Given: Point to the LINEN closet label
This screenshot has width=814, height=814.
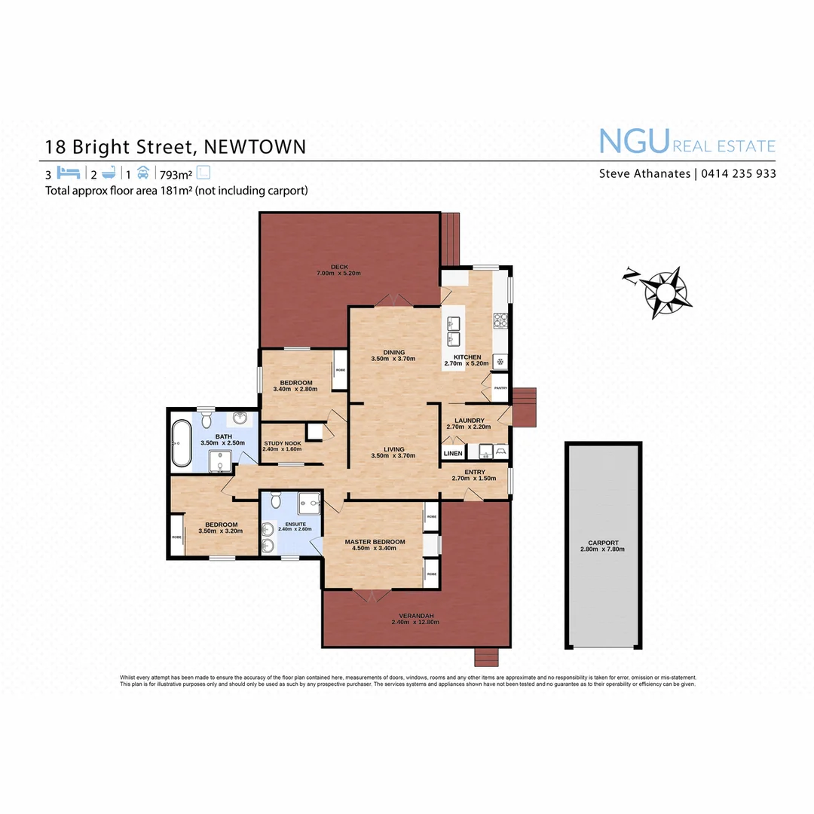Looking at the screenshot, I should [x=453, y=454].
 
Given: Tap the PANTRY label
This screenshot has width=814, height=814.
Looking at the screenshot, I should [x=500, y=388].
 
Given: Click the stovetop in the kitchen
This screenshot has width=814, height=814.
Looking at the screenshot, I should [x=499, y=323].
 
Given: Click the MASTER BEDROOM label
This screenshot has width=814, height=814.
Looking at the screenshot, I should [x=375, y=542].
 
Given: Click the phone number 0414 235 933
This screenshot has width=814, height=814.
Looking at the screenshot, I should [x=739, y=173].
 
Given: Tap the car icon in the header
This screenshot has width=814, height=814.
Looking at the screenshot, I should [x=143, y=172].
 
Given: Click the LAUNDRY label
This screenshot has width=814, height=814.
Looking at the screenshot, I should [x=470, y=421].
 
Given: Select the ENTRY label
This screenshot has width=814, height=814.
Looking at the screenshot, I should [x=474, y=473].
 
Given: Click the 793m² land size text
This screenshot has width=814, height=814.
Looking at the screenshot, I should [x=179, y=173].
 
